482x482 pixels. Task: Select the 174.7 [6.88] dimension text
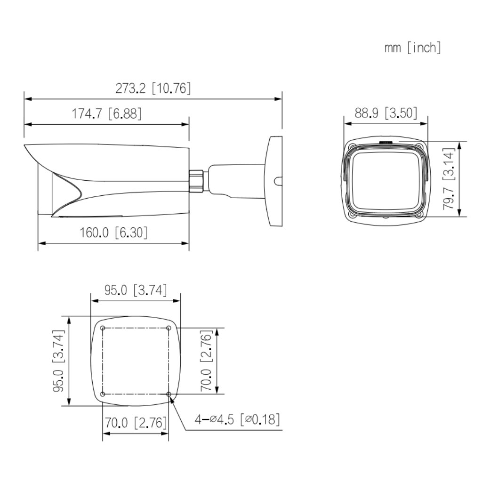pos(106,113)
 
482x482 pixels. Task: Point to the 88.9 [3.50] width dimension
pos(386,113)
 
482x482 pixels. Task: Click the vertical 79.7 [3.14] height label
pos(450,179)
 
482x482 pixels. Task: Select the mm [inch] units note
pos(412,48)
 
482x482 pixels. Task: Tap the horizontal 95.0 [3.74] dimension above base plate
pos(136,290)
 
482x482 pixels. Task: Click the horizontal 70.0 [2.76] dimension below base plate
pos(136,422)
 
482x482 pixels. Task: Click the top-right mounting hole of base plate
pos(169,328)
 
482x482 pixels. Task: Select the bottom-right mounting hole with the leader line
pos(169,394)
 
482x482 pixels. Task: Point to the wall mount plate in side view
pos(274,181)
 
